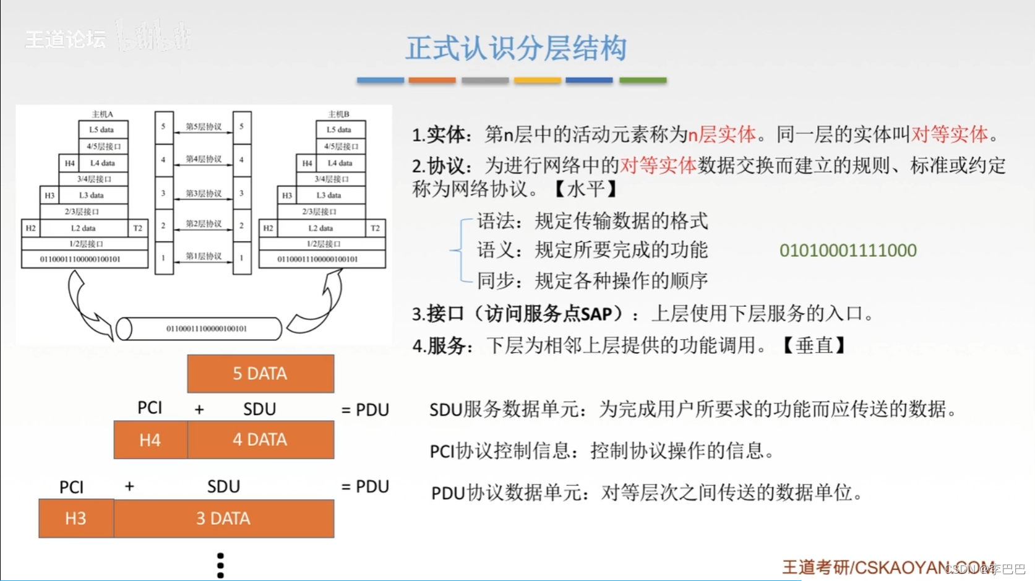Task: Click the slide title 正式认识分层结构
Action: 516,48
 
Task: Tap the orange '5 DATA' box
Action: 260,374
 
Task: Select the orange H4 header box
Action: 150,440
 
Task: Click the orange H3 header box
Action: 76,519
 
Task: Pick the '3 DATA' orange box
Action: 223,519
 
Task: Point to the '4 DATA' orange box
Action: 260,440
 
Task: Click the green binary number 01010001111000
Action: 848,251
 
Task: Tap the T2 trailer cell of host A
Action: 138,228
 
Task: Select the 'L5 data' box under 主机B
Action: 340,130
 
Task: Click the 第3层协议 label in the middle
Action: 204,194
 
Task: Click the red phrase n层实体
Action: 722,134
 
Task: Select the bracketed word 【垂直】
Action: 814,345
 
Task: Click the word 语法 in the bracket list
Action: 496,221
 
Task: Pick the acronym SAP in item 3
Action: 596,314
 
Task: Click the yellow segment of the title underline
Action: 537,80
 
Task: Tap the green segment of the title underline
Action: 643,80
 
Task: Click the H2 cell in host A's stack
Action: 30,228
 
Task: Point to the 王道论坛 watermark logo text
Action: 65,40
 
